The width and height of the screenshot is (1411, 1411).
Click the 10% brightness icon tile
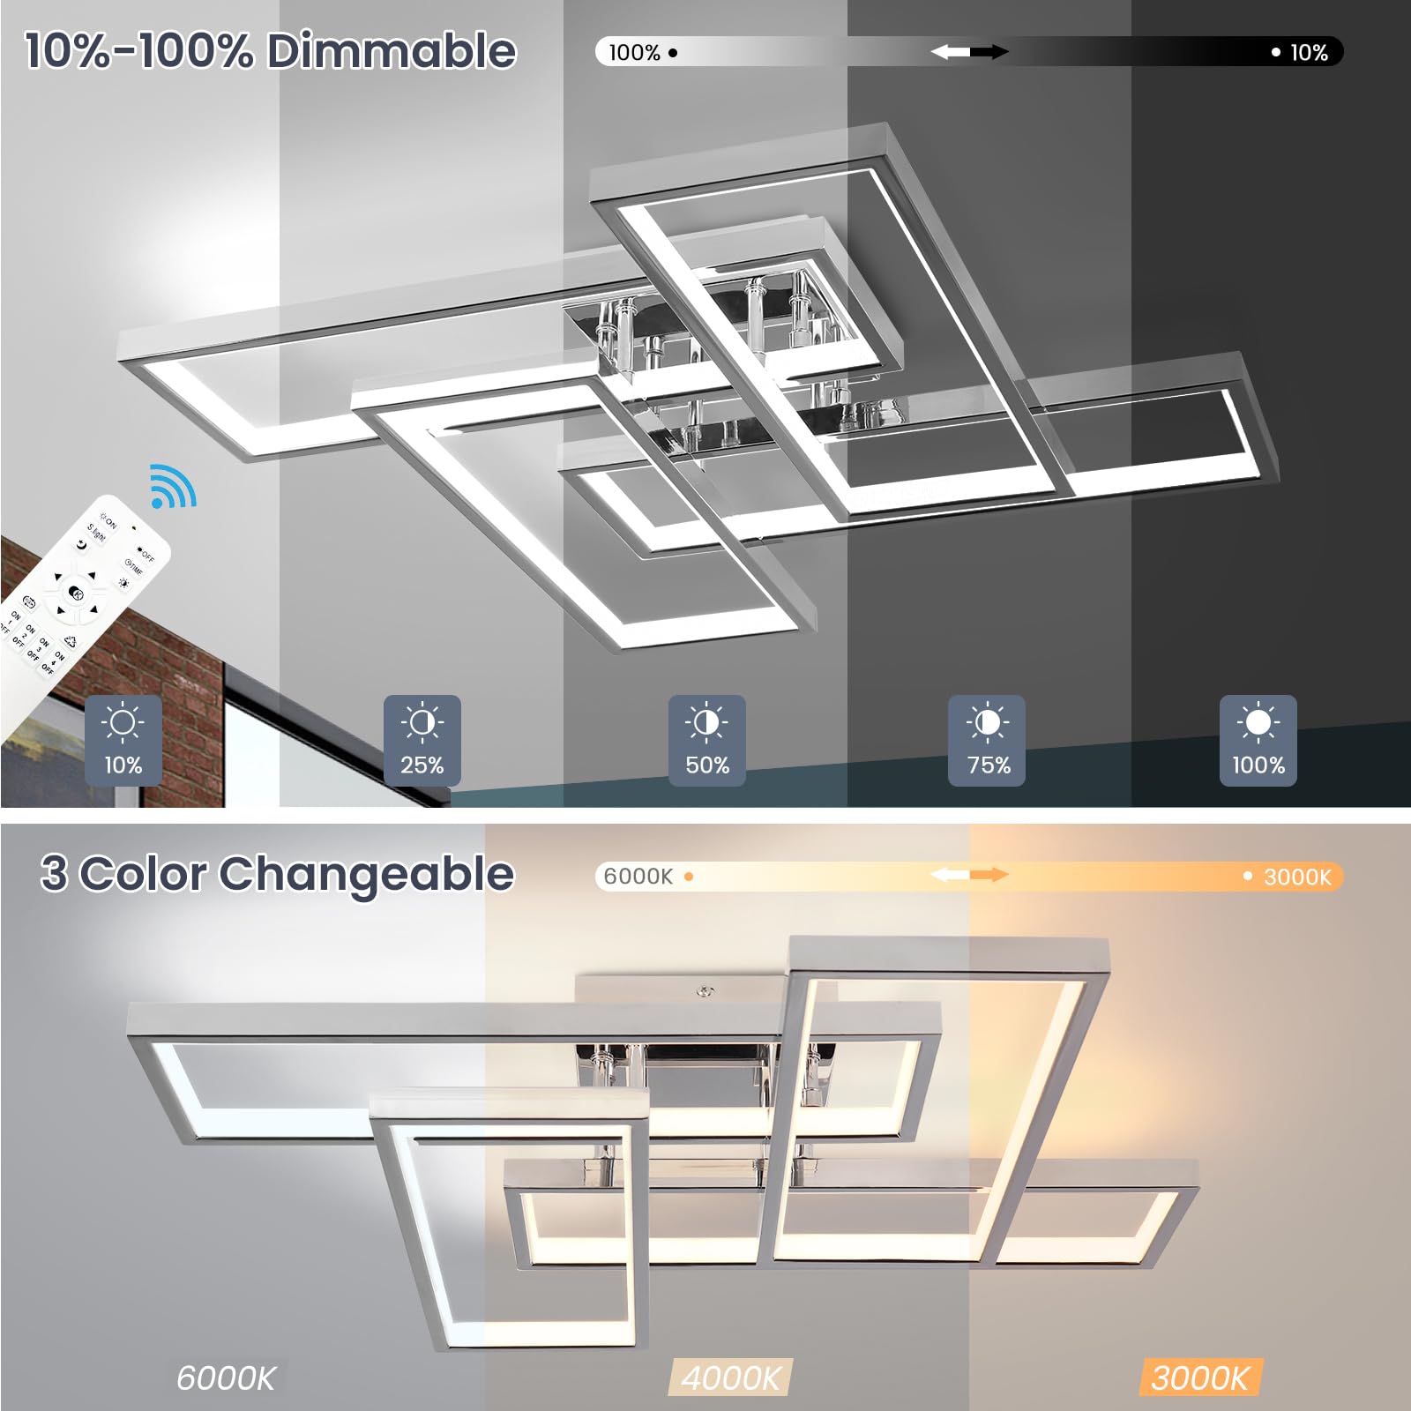(123, 739)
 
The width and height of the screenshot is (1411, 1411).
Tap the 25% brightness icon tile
(422, 739)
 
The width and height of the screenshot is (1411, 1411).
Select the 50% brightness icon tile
(706, 739)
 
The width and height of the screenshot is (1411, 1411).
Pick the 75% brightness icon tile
(987, 739)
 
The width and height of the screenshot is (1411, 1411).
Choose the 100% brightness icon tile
(1258, 739)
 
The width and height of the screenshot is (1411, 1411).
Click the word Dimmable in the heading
(392, 51)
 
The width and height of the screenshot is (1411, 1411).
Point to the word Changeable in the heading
(366, 874)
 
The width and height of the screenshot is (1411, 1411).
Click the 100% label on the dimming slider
(635, 53)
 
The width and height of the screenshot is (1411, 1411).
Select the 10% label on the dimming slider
(1309, 53)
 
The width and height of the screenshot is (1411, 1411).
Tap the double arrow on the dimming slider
(969, 52)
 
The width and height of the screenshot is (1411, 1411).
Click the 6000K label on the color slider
(638, 877)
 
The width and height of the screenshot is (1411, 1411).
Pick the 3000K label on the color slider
(1296, 877)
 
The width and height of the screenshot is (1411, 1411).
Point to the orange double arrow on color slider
(969, 875)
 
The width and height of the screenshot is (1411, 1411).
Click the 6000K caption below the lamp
(226, 1377)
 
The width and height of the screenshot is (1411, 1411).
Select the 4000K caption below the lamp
(731, 1377)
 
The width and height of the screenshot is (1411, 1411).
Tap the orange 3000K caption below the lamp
(1200, 1377)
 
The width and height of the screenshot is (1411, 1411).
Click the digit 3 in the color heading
(54, 874)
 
